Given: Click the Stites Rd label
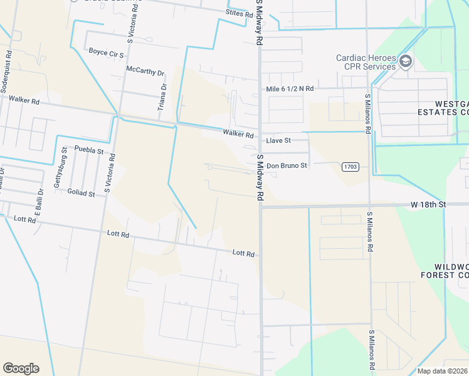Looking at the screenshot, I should [240, 13].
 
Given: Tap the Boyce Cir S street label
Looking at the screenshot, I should [106, 51].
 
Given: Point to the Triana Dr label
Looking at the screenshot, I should [162, 97].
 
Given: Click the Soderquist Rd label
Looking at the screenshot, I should [5, 68].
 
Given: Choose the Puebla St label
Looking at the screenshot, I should [88, 150].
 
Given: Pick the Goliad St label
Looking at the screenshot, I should [81, 194].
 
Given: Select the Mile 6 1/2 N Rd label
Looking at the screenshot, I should [290, 89].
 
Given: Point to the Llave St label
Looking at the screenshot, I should [278, 140].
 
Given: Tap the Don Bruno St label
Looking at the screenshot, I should [287, 166].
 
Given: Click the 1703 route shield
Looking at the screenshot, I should [350, 167].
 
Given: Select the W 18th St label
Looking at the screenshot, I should [428, 205].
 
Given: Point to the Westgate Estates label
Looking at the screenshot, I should [443, 108].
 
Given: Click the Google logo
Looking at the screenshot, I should [21, 368].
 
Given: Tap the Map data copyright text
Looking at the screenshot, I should [443, 371].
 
